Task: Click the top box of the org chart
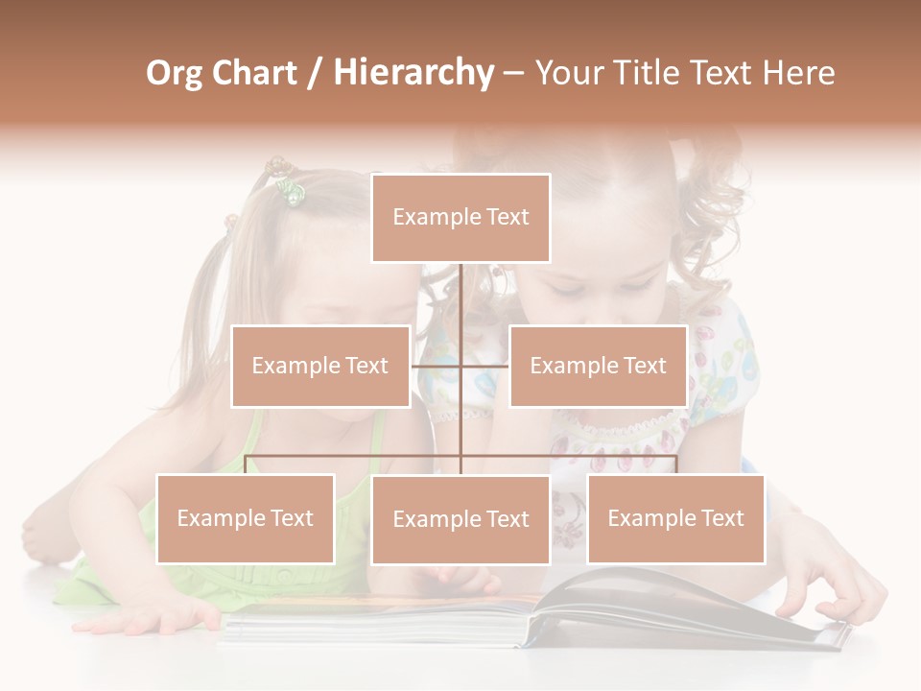(460, 218)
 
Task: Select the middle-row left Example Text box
(320, 366)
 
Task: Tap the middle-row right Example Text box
(598, 366)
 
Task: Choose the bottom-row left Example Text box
(246, 518)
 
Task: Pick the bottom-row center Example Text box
(460, 519)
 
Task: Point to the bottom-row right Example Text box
(675, 518)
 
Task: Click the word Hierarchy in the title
(413, 73)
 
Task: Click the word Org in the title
(175, 73)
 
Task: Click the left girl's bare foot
(43, 537)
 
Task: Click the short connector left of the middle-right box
(485, 366)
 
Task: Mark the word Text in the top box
(505, 218)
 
